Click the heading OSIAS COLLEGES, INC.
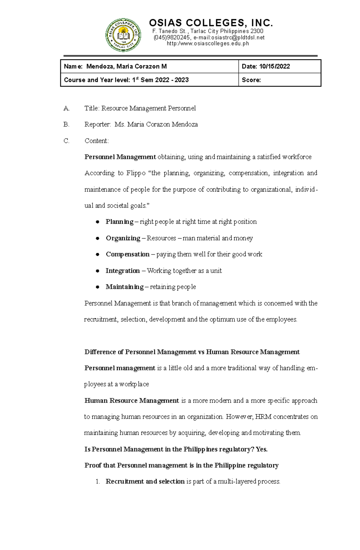pyautogui.click(x=211, y=23)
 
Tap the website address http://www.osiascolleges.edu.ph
pyautogui.click(x=208, y=44)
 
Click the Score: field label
pyautogui.click(x=251, y=80)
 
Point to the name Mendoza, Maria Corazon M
pyautogui.click(x=126, y=67)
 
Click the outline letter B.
pyautogui.click(x=66, y=124)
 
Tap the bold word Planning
pyautogui.click(x=119, y=222)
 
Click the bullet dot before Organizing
pyautogui.click(x=97, y=238)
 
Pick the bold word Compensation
pyautogui.click(x=127, y=254)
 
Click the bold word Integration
pyautogui.click(x=122, y=271)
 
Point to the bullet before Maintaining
pyautogui.click(x=97, y=287)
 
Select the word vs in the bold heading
pyautogui.click(x=201, y=352)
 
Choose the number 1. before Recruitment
pyautogui.click(x=97, y=482)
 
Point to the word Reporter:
pyautogui.click(x=97, y=124)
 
